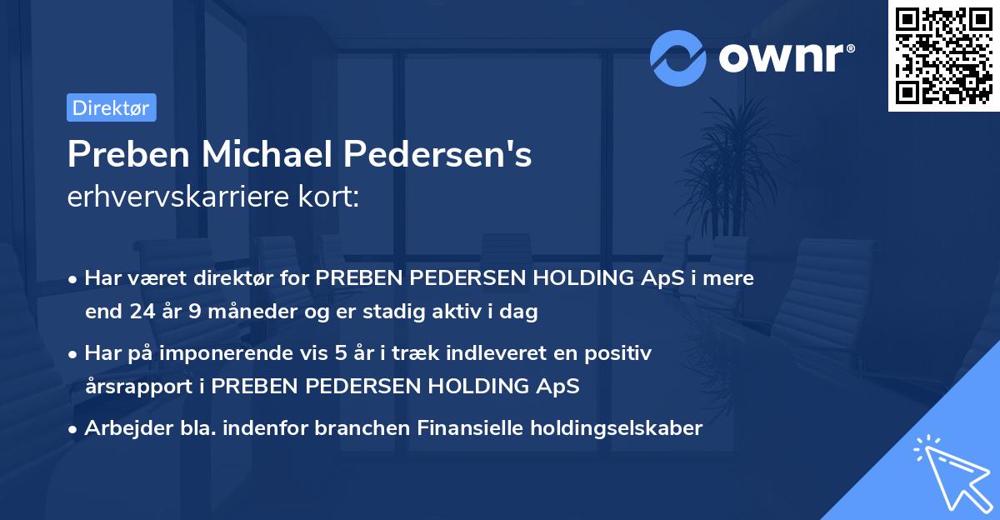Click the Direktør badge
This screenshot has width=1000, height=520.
tap(111, 107)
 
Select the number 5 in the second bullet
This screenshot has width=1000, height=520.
tap(341, 353)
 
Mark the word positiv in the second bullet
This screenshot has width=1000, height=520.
tap(621, 353)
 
